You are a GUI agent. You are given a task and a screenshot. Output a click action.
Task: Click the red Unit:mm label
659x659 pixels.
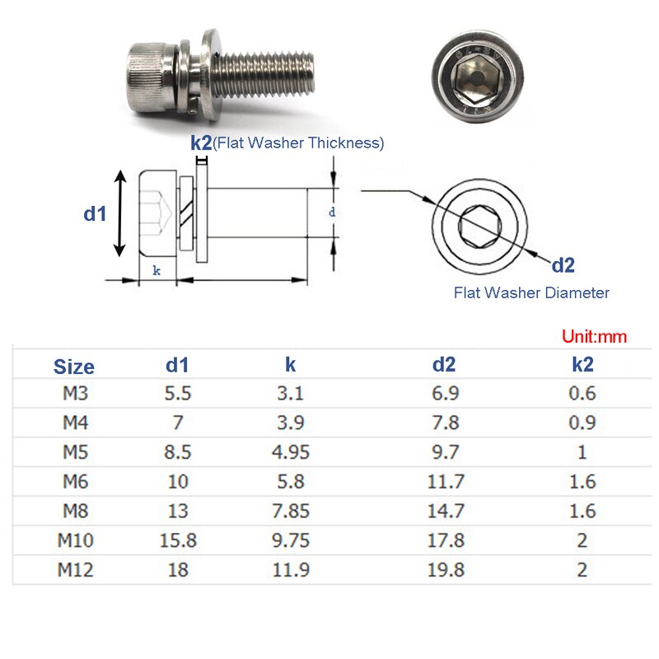tap(594, 336)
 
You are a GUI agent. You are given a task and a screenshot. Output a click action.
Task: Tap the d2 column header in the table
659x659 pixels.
tap(446, 366)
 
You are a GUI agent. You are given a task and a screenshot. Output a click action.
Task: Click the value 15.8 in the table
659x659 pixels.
tap(178, 540)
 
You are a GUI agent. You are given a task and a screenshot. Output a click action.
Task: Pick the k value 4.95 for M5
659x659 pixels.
tap(291, 451)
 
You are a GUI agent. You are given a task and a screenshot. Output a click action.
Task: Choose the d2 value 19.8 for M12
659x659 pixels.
tap(446, 570)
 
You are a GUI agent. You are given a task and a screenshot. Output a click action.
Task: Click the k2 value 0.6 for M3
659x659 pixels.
tap(582, 393)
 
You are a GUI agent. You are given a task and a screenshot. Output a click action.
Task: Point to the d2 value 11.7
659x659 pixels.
tap(446, 481)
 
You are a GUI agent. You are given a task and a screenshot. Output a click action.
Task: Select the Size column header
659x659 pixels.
tap(74, 367)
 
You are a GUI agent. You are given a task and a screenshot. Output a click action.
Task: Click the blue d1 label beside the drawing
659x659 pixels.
tap(96, 213)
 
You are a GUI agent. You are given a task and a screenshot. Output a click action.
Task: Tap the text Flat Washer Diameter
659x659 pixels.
tap(531, 292)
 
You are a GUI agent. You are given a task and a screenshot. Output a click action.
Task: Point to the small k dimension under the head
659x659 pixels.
tap(157, 270)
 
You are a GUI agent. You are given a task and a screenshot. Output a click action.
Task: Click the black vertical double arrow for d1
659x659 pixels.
tap(120, 213)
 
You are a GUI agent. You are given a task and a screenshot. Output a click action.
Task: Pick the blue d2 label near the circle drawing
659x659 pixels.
tap(563, 265)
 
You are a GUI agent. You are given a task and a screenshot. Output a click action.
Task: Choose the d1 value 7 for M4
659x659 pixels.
tap(178, 423)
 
